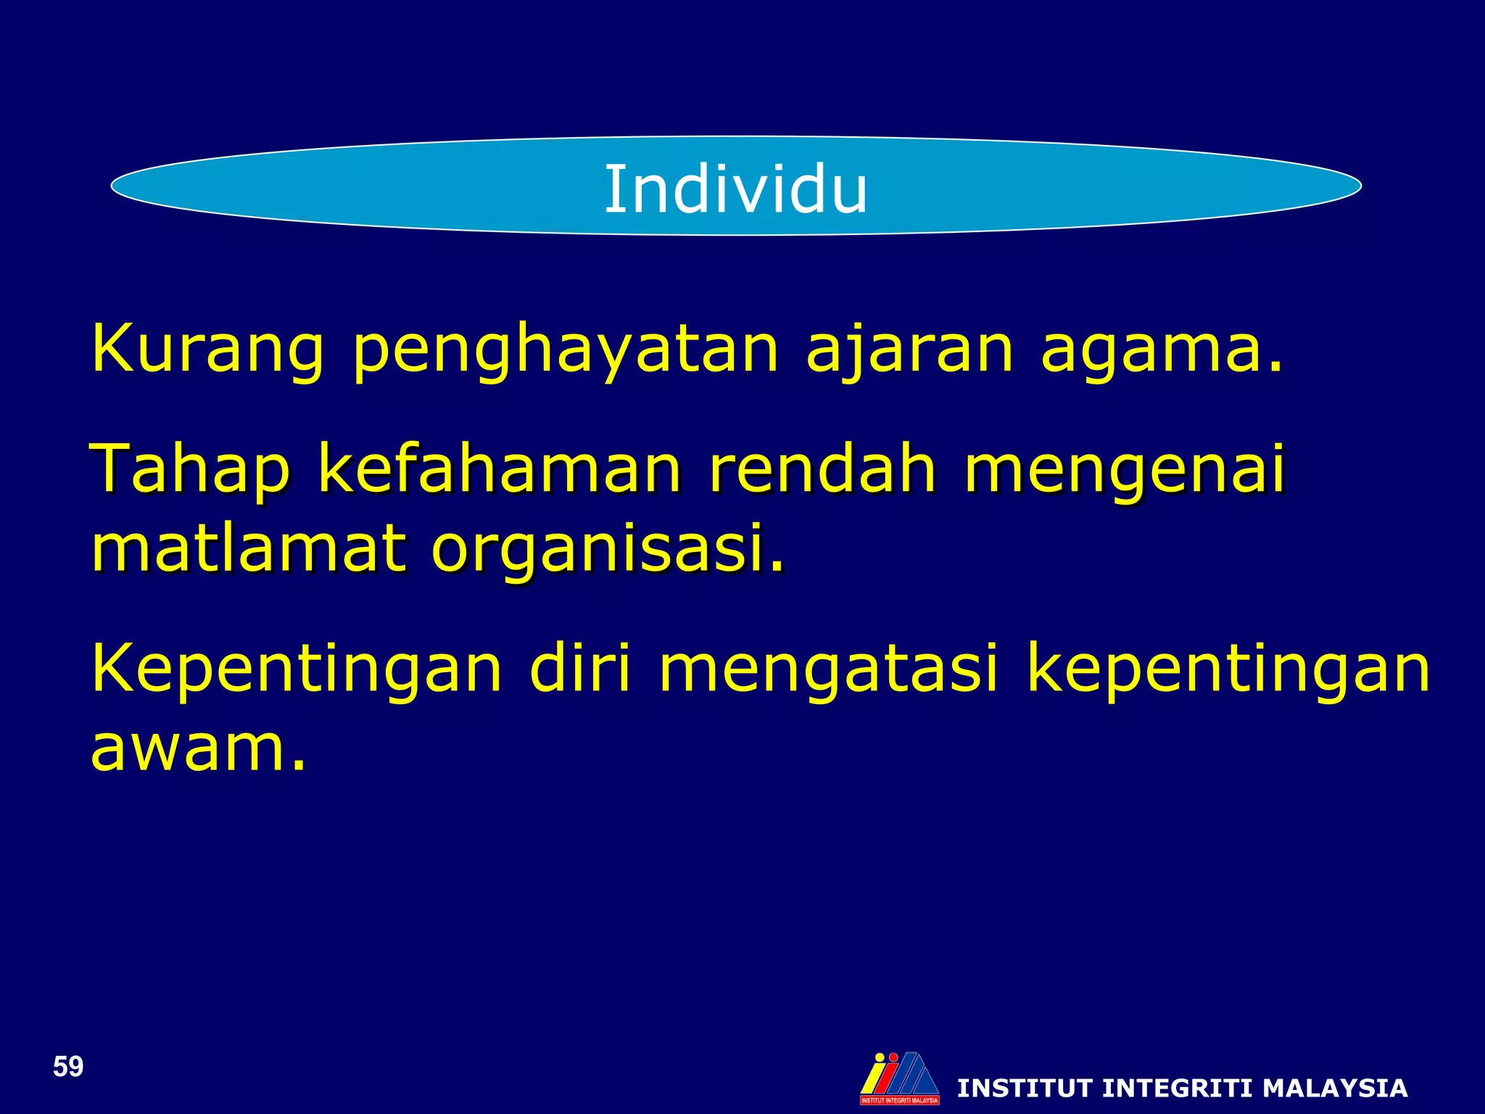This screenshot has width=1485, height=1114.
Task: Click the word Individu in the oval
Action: (x=735, y=189)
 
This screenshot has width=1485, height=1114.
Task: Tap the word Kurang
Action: (x=207, y=350)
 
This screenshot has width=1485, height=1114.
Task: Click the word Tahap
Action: (x=190, y=471)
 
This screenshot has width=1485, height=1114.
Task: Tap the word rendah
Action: (x=822, y=469)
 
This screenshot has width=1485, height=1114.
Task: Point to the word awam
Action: (x=198, y=748)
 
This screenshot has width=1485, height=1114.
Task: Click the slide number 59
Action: (x=68, y=1067)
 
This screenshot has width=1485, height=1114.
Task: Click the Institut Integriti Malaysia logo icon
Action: (x=899, y=1077)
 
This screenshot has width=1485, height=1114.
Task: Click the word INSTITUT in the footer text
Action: (x=1025, y=1088)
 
